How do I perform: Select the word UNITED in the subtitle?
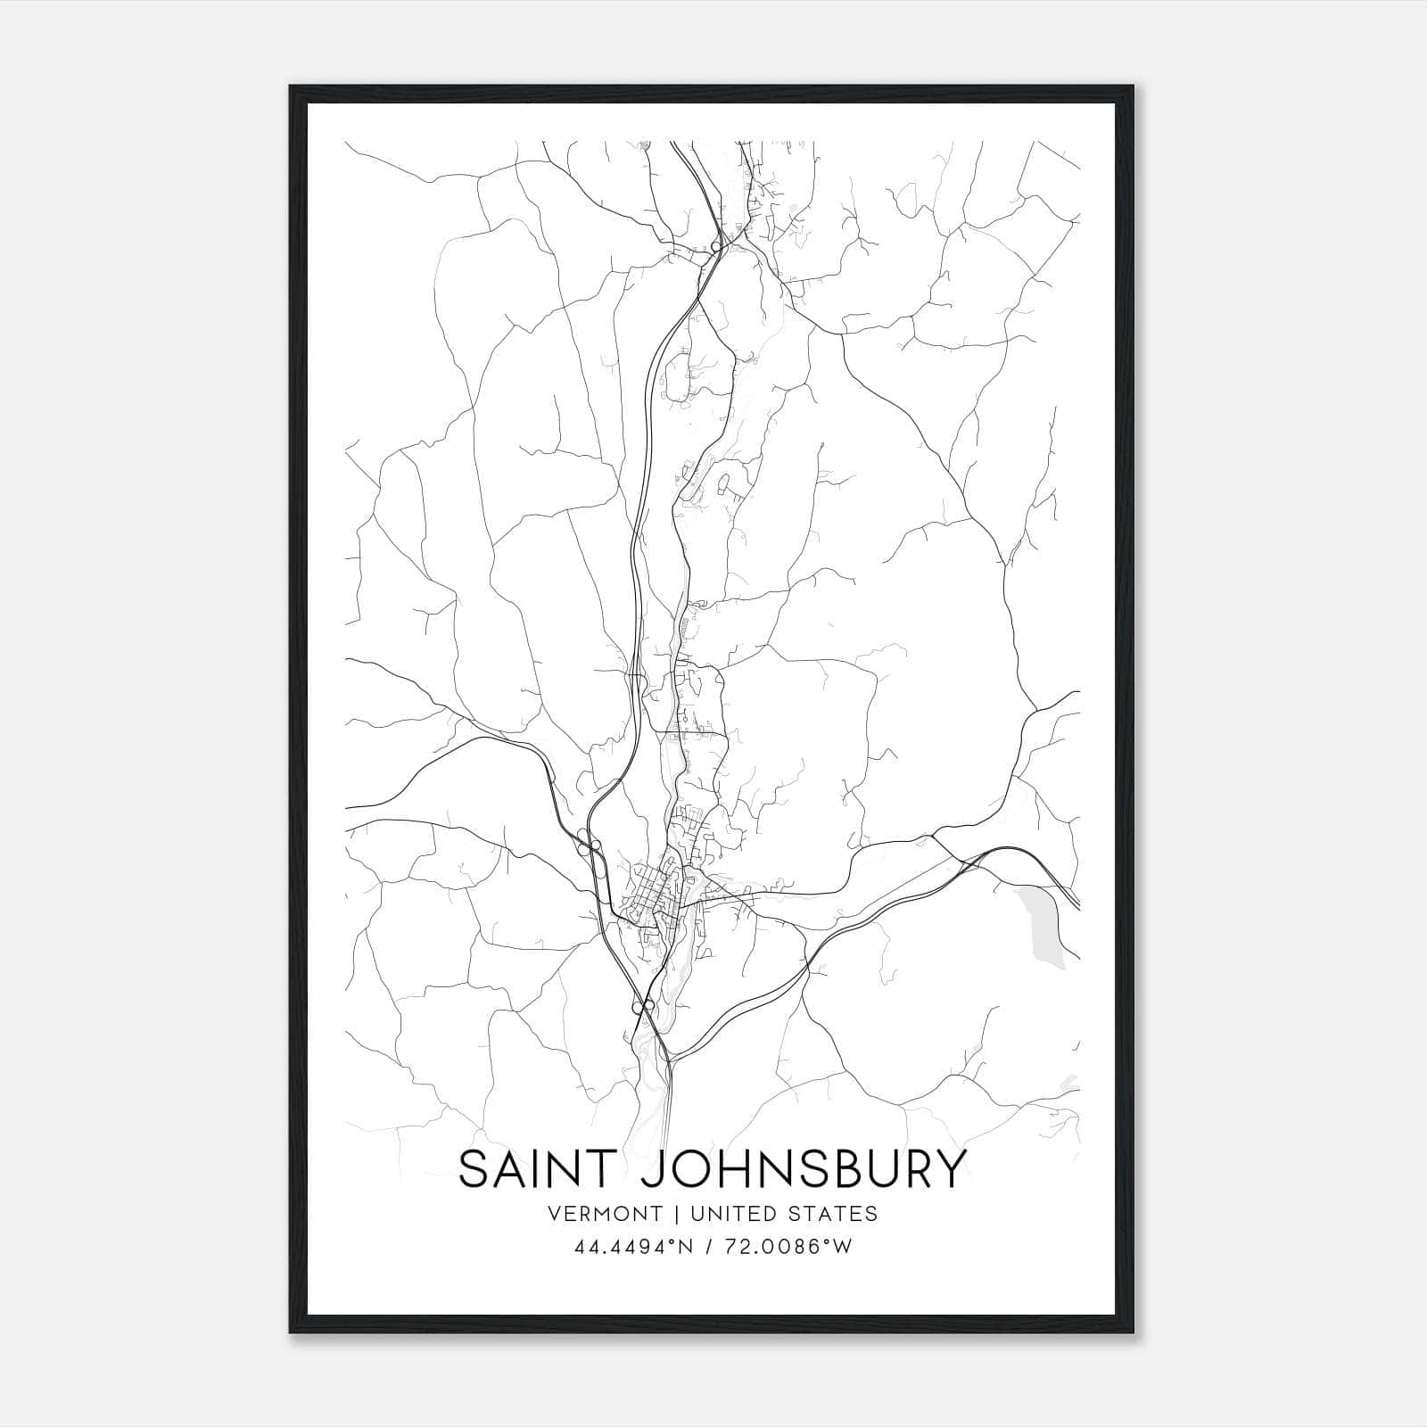738,1214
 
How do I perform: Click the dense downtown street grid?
656,892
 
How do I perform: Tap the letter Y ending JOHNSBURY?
949,1169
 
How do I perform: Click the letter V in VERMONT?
557,1214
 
